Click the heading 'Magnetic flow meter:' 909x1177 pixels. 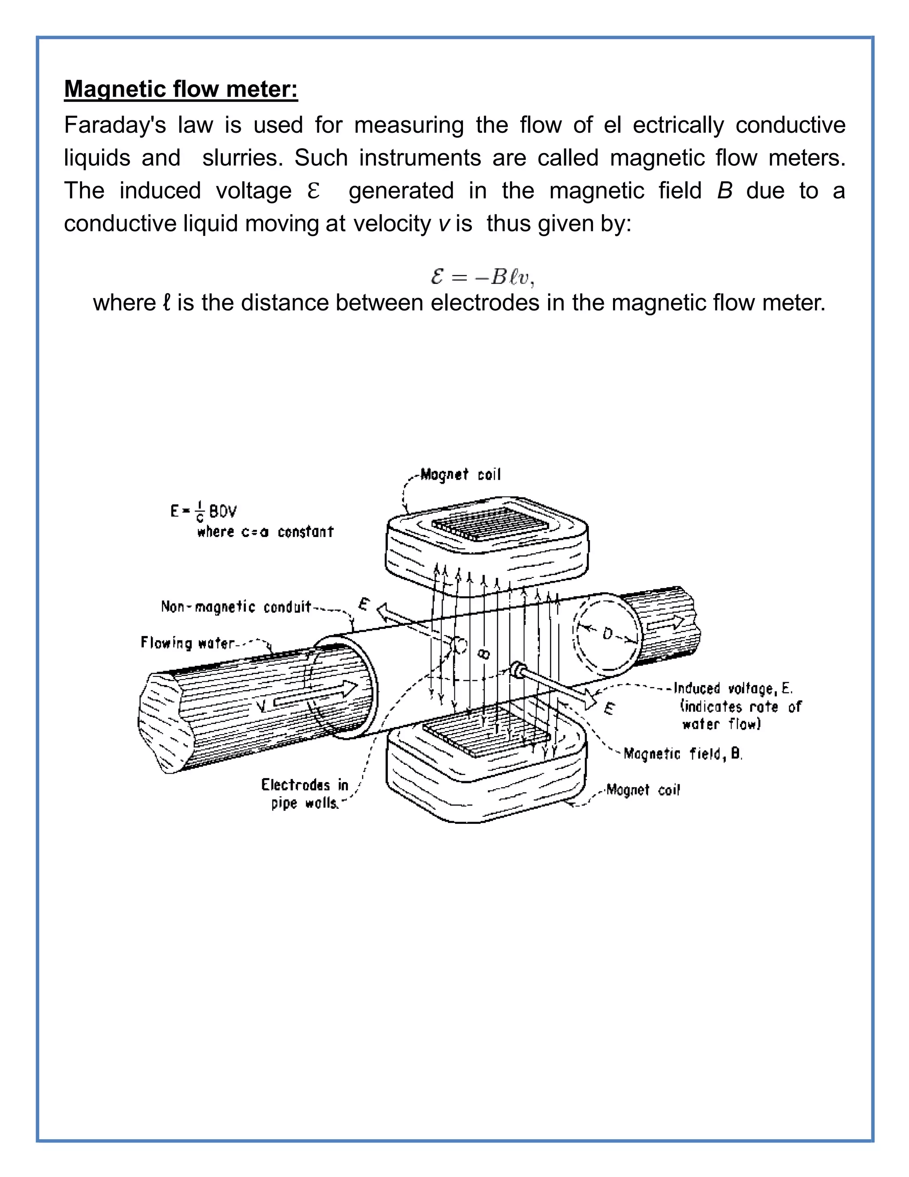click(181, 89)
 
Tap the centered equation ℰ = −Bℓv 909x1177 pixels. click(482, 277)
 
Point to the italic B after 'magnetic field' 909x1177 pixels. click(724, 191)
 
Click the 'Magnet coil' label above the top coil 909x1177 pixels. click(460, 475)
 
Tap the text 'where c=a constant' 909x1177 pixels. click(265, 532)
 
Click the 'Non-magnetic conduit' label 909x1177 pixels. click(236, 607)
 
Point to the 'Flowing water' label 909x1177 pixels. click(188, 643)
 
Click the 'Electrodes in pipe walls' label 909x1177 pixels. click(305, 793)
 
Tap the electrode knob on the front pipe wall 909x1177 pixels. click(518, 670)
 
